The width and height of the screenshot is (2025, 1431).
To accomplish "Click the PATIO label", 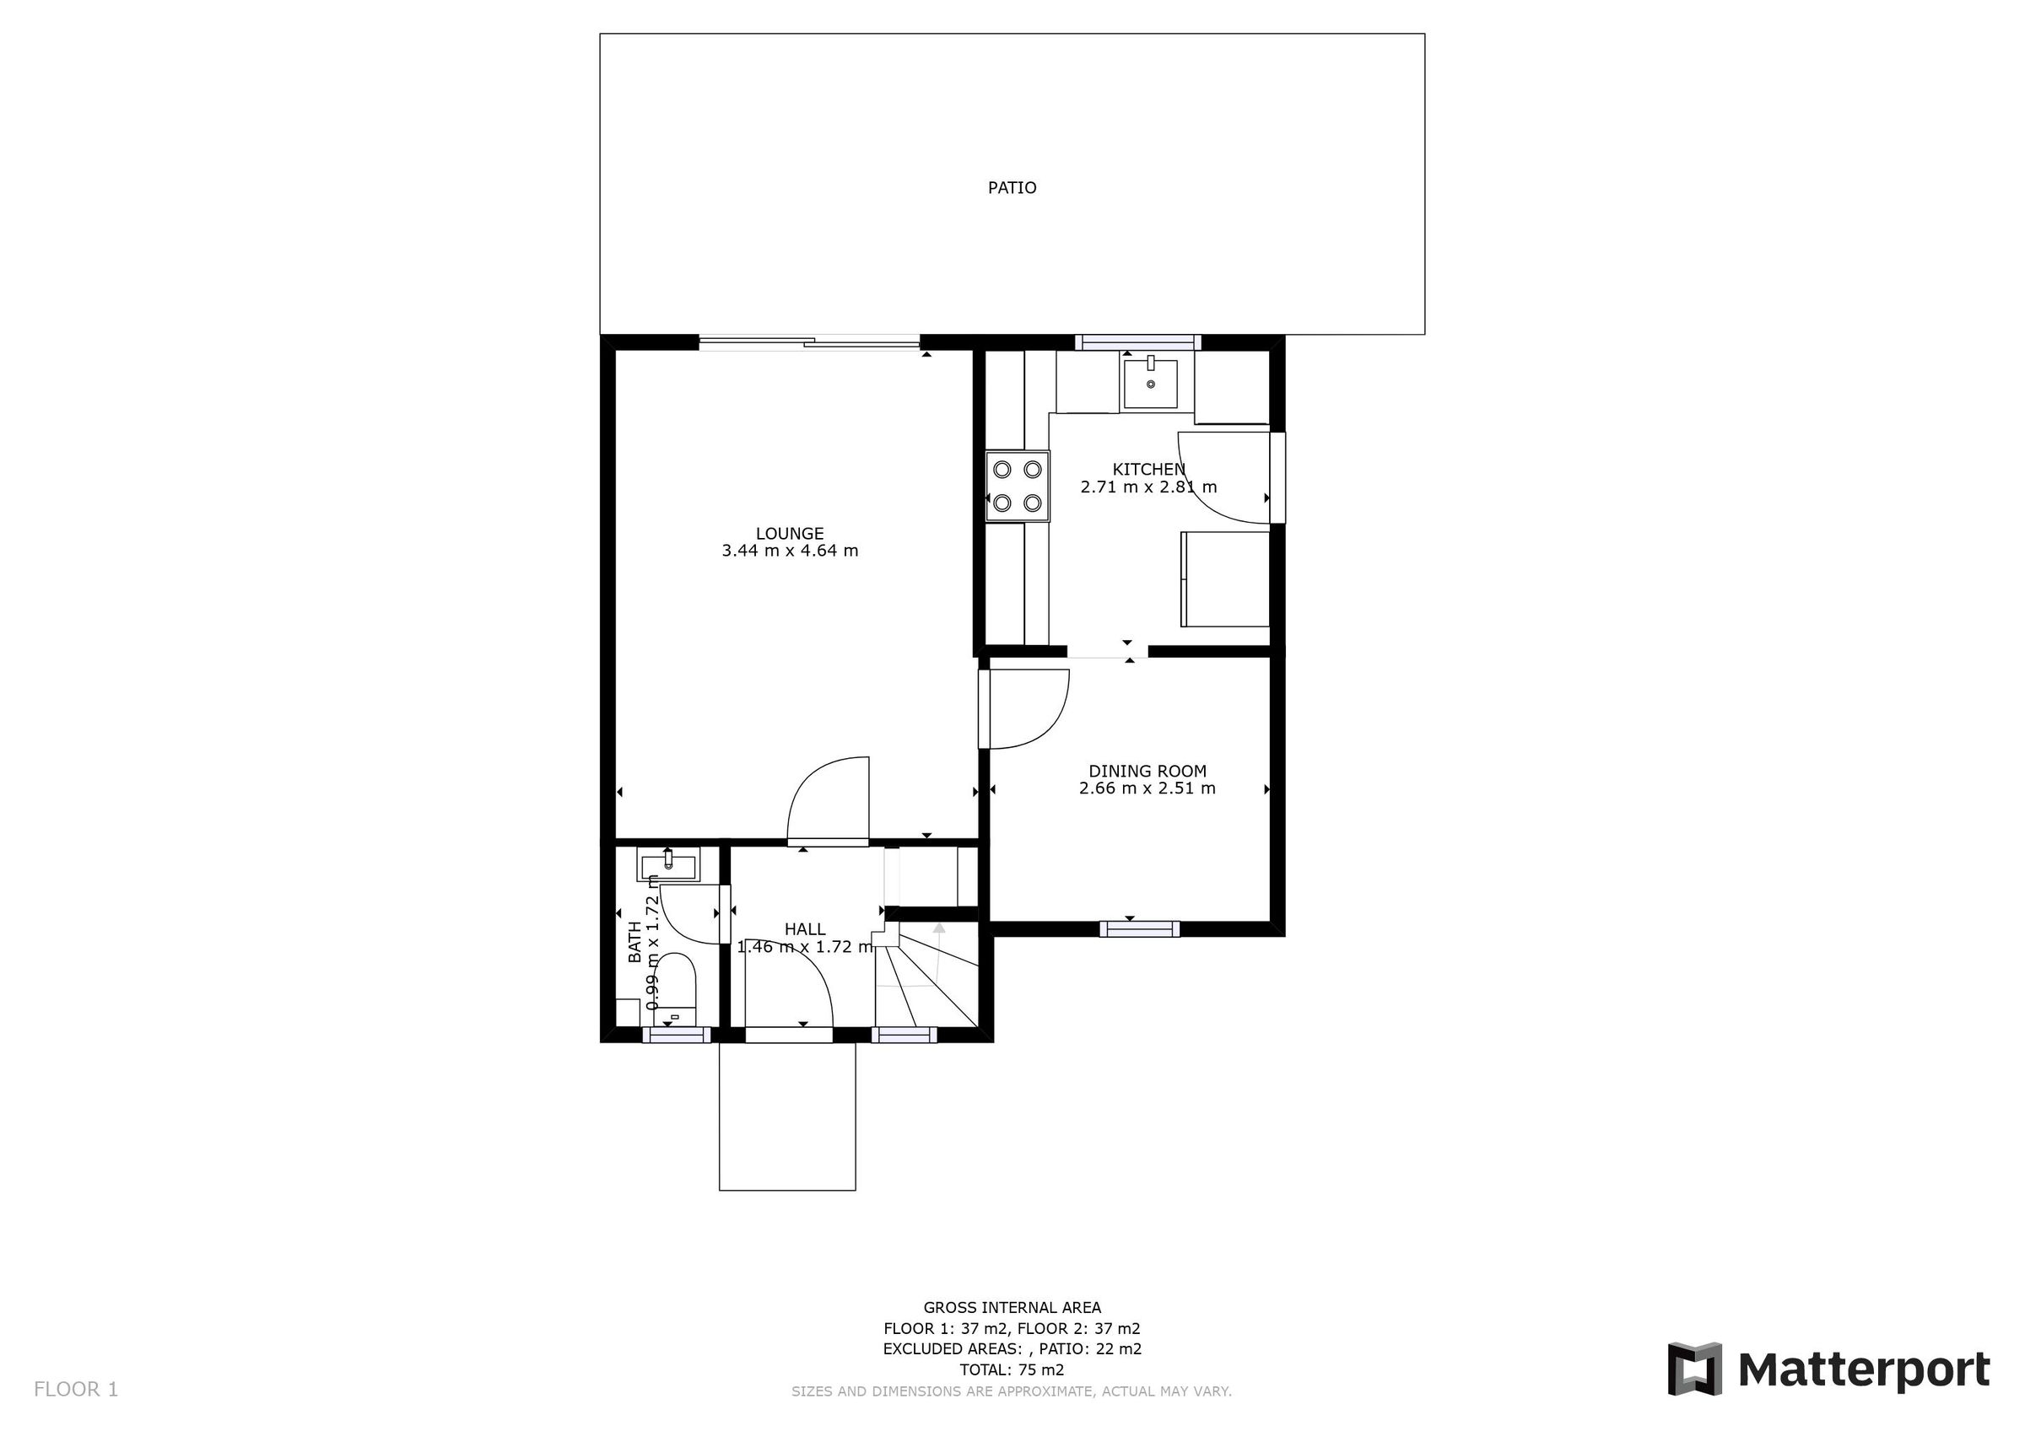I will tap(1012, 188).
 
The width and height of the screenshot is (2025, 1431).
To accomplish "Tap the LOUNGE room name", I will tap(790, 534).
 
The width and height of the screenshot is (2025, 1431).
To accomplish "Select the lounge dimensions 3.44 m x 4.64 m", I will tap(790, 551).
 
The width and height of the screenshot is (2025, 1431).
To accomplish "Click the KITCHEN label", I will tap(1148, 469).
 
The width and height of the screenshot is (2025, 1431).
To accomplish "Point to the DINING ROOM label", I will tap(1147, 772).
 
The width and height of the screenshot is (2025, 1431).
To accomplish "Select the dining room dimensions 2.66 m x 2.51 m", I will tap(1147, 788).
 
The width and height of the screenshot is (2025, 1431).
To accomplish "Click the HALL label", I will tap(804, 929).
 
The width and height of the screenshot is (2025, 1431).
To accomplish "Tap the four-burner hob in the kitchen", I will tap(1017, 487).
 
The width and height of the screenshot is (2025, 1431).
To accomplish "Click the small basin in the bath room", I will tap(667, 864).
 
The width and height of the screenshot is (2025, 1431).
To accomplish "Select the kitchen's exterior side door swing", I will tap(1223, 478).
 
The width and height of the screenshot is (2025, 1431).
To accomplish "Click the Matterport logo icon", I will tap(1694, 1369).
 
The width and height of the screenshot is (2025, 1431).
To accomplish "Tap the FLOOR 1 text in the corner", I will tap(76, 1390).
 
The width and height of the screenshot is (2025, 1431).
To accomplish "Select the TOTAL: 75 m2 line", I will tap(1012, 1370).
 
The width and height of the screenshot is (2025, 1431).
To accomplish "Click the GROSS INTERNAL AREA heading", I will tap(1012, 1309).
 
